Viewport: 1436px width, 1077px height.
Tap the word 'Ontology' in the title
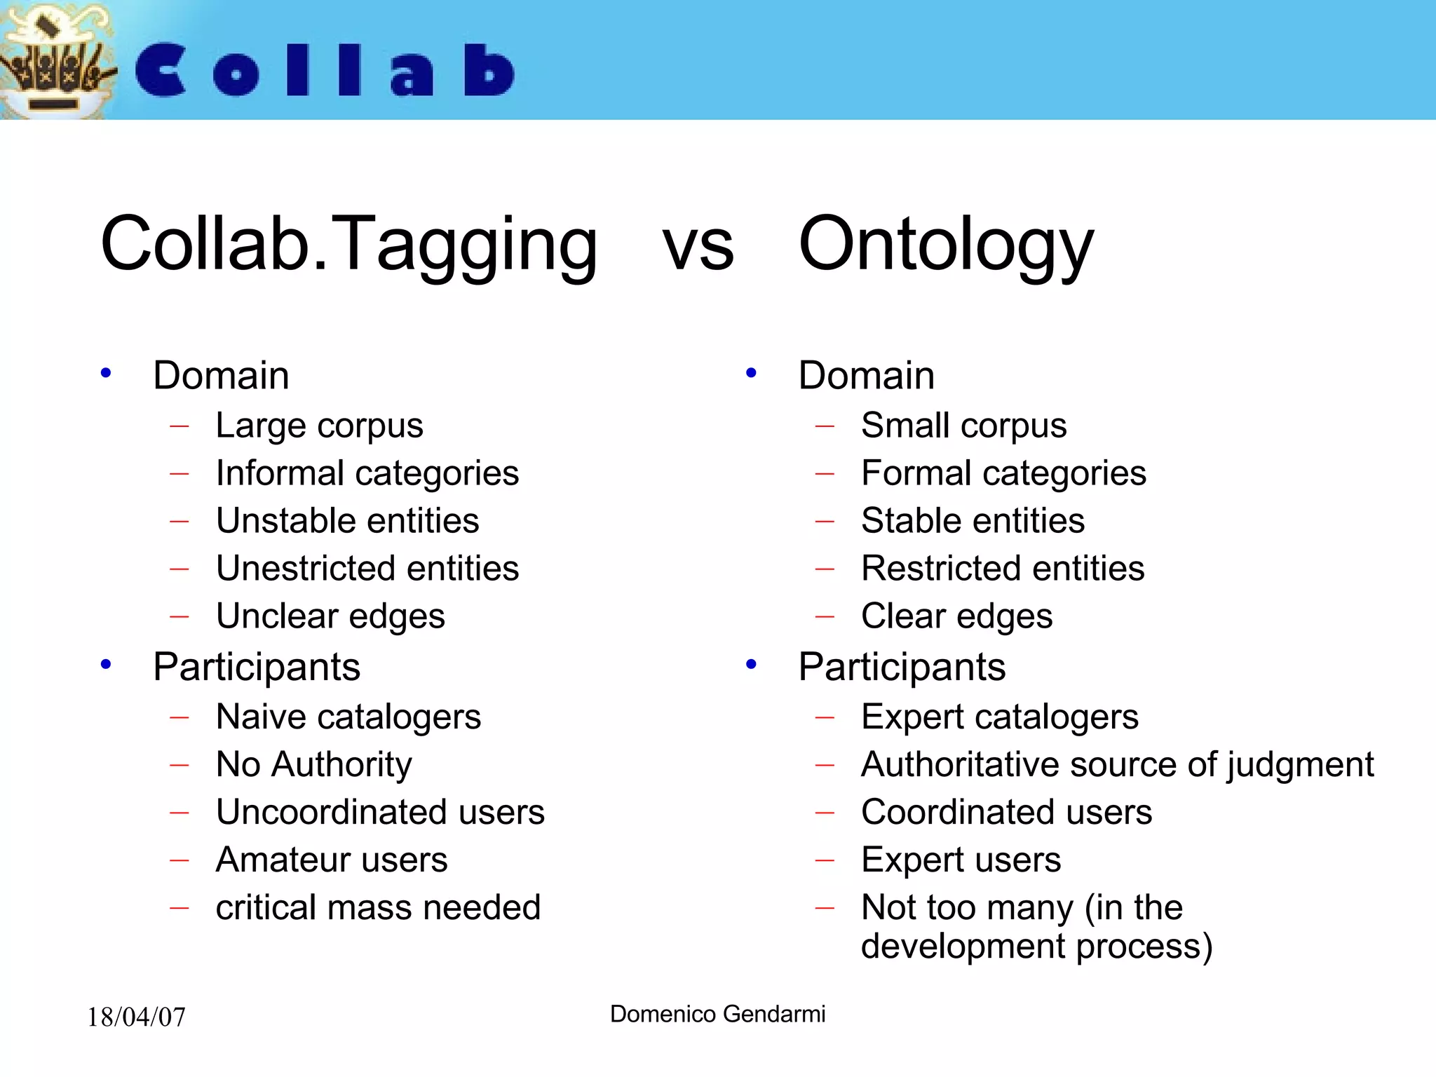click(945, 245)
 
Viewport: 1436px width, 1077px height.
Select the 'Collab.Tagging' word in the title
click(348, 245)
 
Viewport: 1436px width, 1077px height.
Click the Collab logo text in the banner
click(324, 70)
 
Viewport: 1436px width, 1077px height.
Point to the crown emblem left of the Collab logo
click(55, 63)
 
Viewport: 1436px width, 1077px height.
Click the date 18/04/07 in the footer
click(136, 1017)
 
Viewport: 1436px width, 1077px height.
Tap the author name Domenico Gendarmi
click(717, 1014)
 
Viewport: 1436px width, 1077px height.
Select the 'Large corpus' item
click(319, 426)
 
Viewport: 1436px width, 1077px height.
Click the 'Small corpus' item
click(963, 426)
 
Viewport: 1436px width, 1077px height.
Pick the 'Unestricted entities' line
click(367, 569)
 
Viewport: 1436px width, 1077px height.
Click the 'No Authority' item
click(313, 764)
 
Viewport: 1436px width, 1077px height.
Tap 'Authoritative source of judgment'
click(1117, 764)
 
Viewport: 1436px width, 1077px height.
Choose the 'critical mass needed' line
click(378, 907)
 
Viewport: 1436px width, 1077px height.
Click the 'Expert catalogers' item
click(999, 717)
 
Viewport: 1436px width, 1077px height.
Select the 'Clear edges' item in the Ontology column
click(956, 616)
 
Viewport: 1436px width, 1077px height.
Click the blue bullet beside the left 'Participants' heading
click(106, 664)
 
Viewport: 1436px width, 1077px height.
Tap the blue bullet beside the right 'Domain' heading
click(751, 373)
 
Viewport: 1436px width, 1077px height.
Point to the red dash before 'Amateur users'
click(179, 860)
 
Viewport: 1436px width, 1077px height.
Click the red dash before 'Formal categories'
click(825, 474)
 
